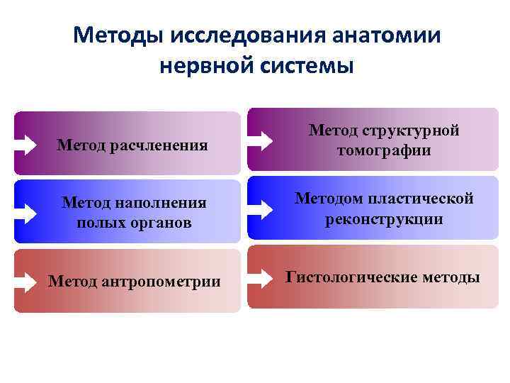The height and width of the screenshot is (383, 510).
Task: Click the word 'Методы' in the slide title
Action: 120,35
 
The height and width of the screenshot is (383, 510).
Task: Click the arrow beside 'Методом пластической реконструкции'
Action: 261,209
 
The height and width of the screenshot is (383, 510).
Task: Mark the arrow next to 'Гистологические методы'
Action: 261,277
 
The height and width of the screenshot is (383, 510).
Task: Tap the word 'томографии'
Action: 384,151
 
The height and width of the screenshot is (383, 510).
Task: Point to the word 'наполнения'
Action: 164,203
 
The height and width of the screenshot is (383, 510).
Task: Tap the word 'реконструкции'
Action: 384,219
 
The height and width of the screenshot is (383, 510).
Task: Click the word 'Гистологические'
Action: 345,277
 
